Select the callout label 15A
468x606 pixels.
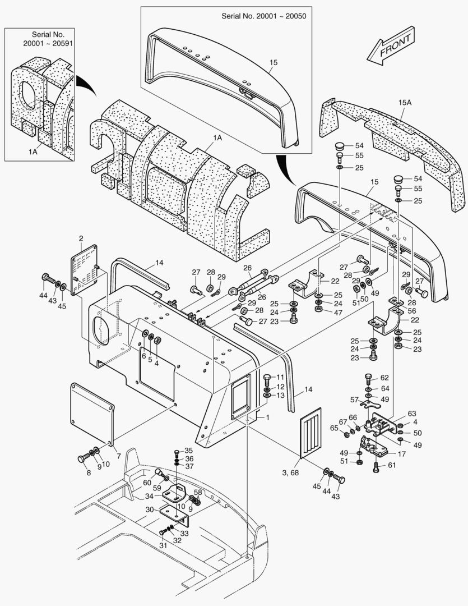pos(405,103)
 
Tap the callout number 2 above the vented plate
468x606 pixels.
pos(81,239)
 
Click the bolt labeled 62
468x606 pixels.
pos(368,378)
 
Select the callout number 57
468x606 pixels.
pos(354,400)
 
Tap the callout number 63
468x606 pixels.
pos(412,414)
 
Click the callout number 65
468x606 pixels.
pos(335,428)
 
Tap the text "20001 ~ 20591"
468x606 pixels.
pos(43,43)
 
